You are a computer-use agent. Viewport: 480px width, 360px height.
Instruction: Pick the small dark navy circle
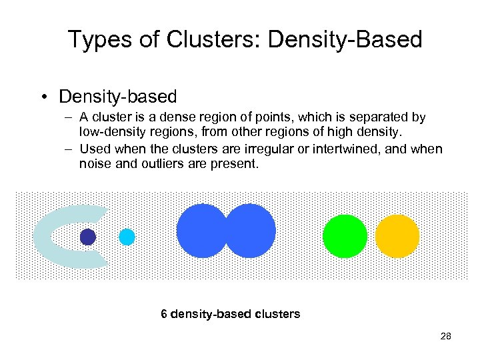(x=88, y=237)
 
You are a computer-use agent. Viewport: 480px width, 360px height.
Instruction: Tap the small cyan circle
(x=127, y=237)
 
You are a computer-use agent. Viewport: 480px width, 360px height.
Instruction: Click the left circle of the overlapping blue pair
(x=200, y=231)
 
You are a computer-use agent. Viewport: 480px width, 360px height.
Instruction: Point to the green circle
(x=345, y=236)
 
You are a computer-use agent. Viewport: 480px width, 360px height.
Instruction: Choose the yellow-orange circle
(x=397, y=236)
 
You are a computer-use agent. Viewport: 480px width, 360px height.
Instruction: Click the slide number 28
(x=445, y=336)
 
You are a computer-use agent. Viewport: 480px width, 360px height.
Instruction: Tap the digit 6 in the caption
(x=164, y=313)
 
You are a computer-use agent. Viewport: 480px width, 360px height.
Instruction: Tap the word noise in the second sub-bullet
(x=93, y=163)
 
